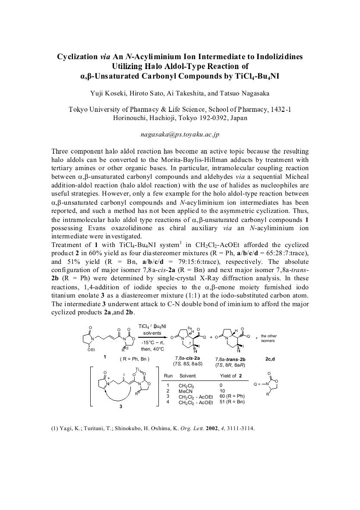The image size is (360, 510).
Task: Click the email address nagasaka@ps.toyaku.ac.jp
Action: pyautogui.click(x=180, y=134)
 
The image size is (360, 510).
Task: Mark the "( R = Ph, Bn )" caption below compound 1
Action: pyautogui.click(x=134, y=358)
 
